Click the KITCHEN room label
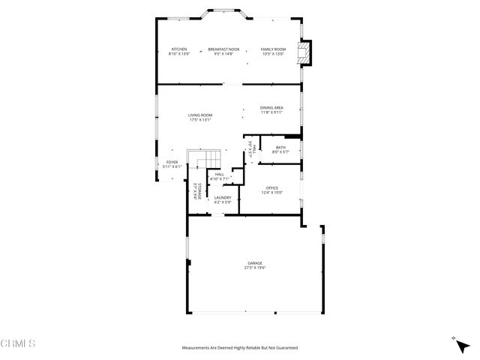point(179,49)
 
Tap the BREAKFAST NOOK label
point(223,49)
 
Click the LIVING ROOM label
point(200,115)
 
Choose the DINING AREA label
point(271,108)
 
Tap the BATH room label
point(281,147)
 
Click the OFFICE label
point(271,187)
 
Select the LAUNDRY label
point(223,197)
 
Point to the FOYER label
point(172,161)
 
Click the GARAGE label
point(255,262)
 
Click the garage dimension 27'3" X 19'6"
point(255,267)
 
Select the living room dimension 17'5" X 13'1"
point(200,119)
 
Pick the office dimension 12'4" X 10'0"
point(271,192)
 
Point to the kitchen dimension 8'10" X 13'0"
point(179,53)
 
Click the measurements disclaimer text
point(240,348)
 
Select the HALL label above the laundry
point(220,174)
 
